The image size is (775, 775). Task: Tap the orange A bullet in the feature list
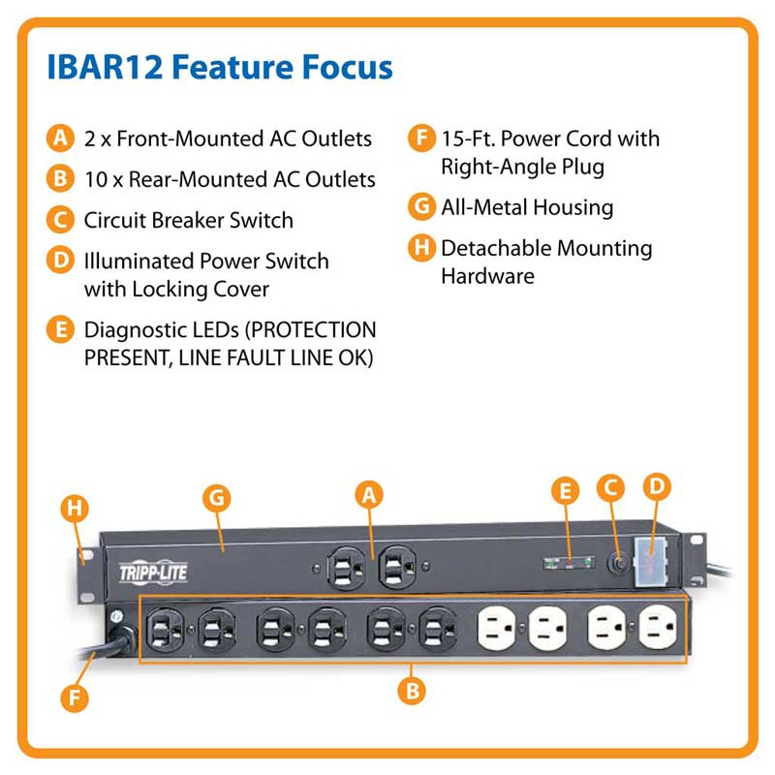click(60, 139)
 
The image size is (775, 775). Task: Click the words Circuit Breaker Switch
click(188, 220)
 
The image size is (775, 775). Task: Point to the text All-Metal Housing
click(527, 206)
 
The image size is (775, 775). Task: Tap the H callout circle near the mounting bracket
click(73, 506)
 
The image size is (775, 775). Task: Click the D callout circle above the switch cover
click(657, 487)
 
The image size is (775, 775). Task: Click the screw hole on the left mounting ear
click(84, 556)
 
